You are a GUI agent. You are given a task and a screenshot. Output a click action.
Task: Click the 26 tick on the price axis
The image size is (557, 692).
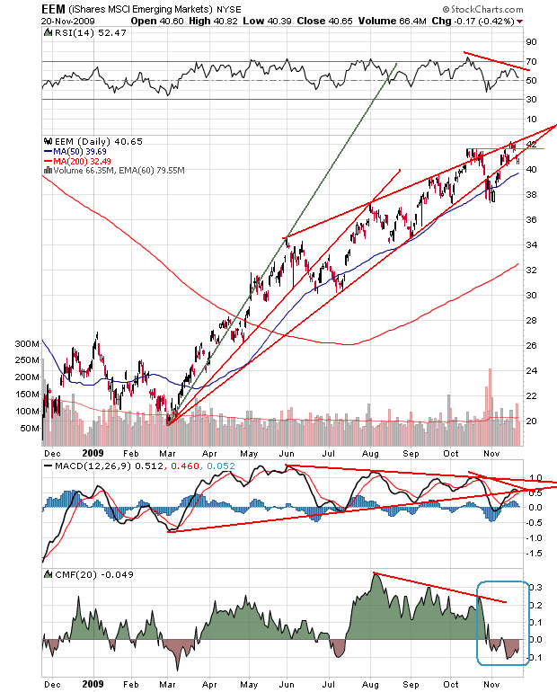(x=531, y=345)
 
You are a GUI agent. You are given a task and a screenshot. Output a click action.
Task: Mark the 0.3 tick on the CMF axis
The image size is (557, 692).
(x=534, y=587)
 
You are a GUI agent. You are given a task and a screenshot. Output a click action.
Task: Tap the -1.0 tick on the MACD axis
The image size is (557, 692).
(x=534, y=537)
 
